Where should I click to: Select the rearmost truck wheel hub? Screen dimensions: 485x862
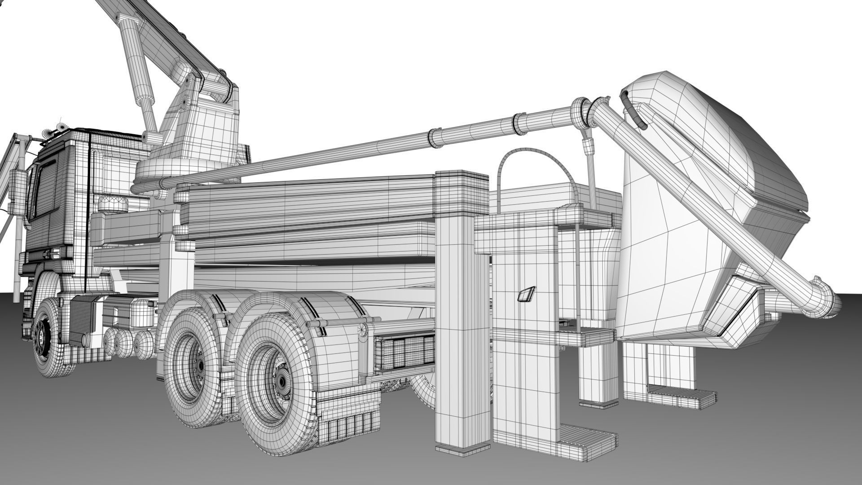point(282,381)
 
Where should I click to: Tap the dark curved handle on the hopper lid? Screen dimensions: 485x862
point(633,110)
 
